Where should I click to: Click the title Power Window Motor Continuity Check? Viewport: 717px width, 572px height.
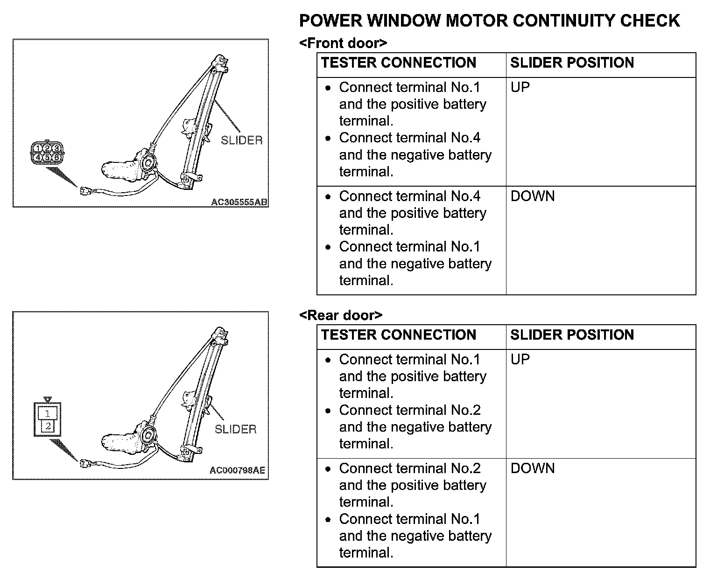[489, 21]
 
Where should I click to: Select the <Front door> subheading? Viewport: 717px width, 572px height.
[343, 43]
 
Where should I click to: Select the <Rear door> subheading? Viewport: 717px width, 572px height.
[341, 315]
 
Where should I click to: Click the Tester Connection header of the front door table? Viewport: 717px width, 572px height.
[399, 63]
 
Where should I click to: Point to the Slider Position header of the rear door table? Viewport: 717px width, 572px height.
[572, 335]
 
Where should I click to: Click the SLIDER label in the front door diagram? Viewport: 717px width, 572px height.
[241, 140]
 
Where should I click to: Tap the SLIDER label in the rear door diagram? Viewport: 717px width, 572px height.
[235, 429]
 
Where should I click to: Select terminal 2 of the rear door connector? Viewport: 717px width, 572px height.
[48, 426]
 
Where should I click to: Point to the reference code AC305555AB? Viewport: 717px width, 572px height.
[239, 202]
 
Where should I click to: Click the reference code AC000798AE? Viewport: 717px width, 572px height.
[237, 470]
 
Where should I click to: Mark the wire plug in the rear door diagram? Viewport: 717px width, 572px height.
[85, 463]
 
